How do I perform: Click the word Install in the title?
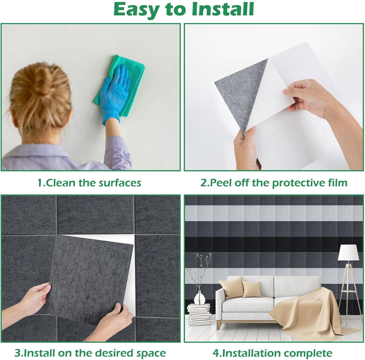coord(223,9)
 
